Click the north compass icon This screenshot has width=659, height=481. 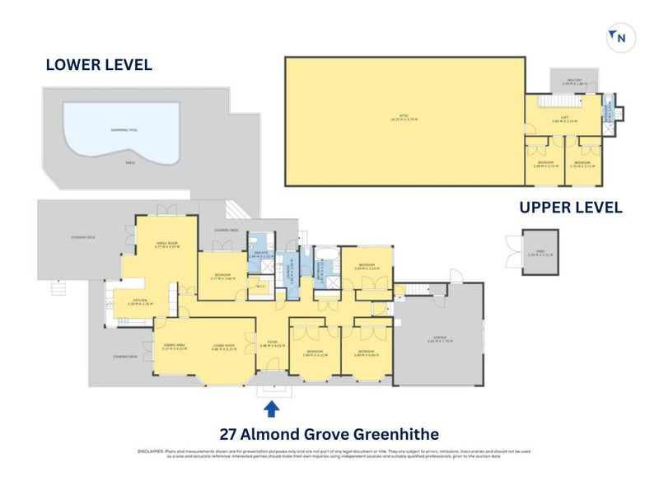tap(619, 36)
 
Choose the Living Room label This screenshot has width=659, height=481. tap(225, 347)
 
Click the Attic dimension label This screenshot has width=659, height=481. tap(404, 118)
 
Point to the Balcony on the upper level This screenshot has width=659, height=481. tap(573, 81)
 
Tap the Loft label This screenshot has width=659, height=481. tap(564, 119)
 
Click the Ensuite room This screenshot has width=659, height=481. tap(260, 255)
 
